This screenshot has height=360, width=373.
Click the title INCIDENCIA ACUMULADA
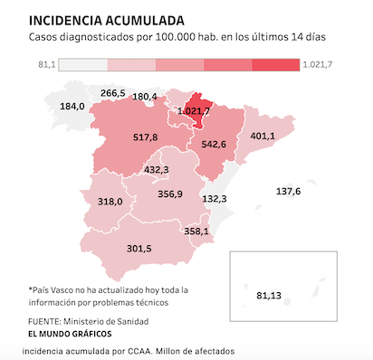107,21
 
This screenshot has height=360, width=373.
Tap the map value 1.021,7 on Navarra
194,111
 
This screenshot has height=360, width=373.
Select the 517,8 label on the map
145,137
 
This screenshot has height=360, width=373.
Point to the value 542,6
214,145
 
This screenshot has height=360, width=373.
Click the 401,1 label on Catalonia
263,136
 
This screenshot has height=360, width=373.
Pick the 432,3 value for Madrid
157,170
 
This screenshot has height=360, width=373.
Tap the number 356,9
170,194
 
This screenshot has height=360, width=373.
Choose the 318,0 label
110,202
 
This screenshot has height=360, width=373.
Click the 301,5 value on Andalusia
139,249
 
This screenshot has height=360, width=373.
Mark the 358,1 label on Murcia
196,232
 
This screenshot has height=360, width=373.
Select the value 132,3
215,199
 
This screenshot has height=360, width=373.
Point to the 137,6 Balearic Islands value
288,192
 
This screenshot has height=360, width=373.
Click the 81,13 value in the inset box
269,296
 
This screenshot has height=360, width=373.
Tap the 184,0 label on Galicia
72,107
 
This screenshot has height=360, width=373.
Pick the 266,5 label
113,93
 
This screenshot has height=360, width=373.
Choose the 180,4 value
145,97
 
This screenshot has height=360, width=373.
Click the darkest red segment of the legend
276,65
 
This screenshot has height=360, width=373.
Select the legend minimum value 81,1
47,65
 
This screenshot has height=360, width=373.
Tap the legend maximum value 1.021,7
318,65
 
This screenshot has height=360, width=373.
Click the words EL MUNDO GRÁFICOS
70,334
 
